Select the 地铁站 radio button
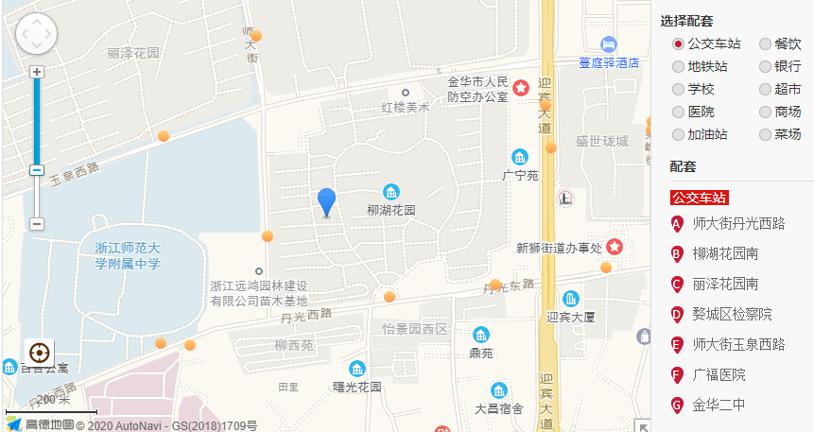click(x=678, y=67)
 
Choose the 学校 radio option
click(x=678, y=90)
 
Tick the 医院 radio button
click(x=678, y=112)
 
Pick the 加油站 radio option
click(x=678, y=135)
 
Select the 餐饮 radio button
click(x=765, y=44)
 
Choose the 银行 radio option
click(x=765, y=67)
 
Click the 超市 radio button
click(x=765, y=90)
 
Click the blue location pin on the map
click(x=326, y=201)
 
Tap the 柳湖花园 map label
click(x=390, y=210)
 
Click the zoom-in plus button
click(x=37, y=72)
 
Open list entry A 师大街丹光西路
click(x=737, y=224)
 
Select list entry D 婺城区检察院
click(x=731, y=315)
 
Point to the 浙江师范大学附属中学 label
click(x=128, y=255)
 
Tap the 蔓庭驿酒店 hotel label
click(x=610, y=62)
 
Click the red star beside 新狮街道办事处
click(x=615, y=247)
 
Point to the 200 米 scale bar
click(x=52, y=406)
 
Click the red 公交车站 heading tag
click(x=700, y=198)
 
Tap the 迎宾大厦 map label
click(x=570, y=317)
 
